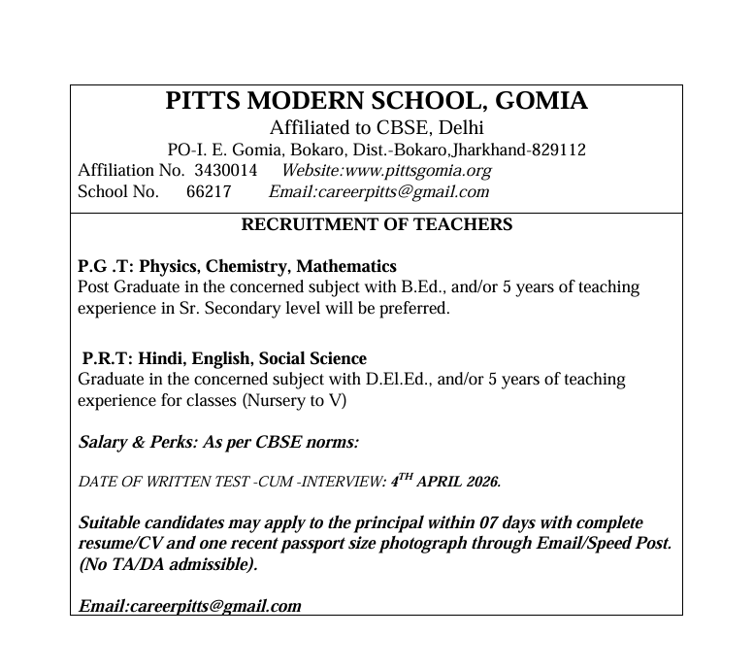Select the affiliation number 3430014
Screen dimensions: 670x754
[226, 171]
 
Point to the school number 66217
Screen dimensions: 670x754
[209, 191]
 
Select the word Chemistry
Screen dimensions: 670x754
[252, 266]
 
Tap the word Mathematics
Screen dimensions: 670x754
[346, 266]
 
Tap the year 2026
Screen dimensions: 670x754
[483, 482]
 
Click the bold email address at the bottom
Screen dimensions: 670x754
[189, 606]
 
